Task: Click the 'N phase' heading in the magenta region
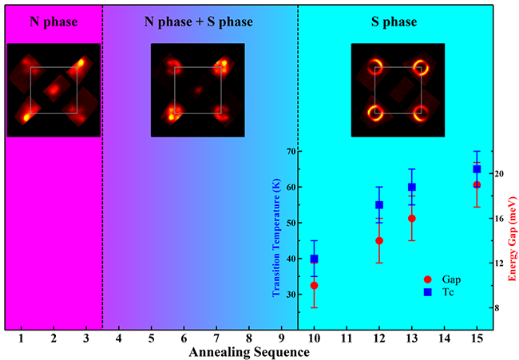pyautogui.click(x=53, y=21)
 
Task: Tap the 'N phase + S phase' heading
pyautogui.click(x=198, y=21)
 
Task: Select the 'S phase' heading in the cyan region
pyautogui.click(x=392, y=21)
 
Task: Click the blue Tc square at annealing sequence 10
pyautogui.click(x=315, y=259)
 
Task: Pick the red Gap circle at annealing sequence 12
pyautogui.click(x=379, y=240)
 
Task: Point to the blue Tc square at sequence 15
pyautogui.click(x=477, y=169)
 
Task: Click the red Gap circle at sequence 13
pyautogui.click(x=412, y=218)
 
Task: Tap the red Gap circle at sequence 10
pyautogui.click(x=315, y=285)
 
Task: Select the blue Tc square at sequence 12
pyautogui.click(x=379, y=205)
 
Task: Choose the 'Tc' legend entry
pyautogui.click(x=446, y=292)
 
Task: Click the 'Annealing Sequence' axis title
pyautogui.click(x=248, y=352)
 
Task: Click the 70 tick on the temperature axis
pyautogui.click(x=291, y=151)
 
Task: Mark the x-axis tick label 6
pyautogui.click(x=184, y=338)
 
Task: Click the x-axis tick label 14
pyautogui.click(x=444, y=338)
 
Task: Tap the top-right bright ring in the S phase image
pyautogui.click(x=419, y=67)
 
